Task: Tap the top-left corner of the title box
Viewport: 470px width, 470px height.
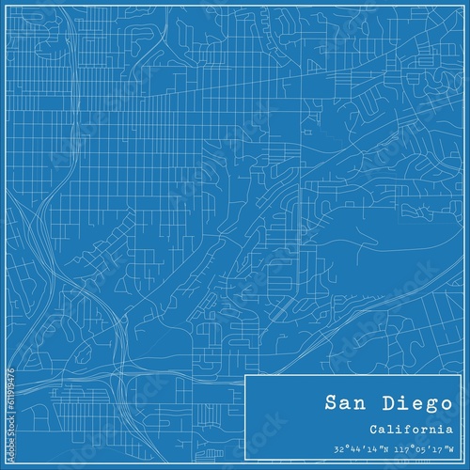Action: [x=244, y=375]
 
